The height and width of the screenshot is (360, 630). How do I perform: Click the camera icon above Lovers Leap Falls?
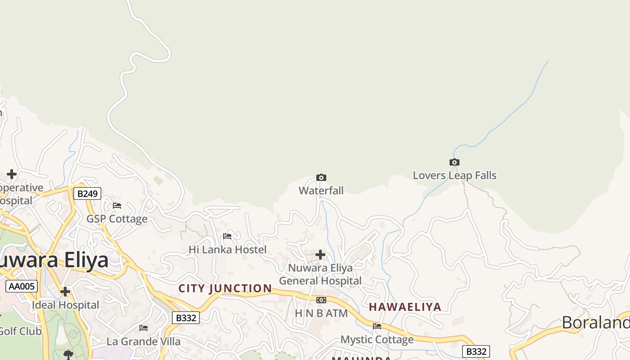454,162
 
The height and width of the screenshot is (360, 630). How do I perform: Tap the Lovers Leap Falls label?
454,175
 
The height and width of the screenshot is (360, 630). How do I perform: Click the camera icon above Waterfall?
321,177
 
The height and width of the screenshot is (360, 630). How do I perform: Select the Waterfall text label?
321,190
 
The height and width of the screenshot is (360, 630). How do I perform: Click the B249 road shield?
87,193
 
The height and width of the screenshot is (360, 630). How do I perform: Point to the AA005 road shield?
22,286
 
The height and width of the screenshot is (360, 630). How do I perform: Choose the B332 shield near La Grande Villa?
186,318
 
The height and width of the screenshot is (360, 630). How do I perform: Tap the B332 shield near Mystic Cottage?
476,351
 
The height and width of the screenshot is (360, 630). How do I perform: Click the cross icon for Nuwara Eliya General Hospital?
320,255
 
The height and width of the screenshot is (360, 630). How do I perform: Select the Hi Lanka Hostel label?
227,249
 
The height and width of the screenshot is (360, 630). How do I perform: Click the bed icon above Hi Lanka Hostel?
227,236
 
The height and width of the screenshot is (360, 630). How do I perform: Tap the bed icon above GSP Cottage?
117,206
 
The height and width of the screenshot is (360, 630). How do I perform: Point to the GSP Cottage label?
117,219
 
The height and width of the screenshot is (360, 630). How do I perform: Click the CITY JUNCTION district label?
225,288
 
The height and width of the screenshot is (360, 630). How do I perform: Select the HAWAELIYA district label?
405,307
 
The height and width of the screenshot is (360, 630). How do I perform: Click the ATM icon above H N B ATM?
321,300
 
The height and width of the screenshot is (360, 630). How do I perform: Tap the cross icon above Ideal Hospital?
65,292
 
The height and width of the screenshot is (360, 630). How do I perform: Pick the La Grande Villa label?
144,341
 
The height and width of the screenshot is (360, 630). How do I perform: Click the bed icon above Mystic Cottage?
377,326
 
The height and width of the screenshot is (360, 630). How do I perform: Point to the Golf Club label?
20,331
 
